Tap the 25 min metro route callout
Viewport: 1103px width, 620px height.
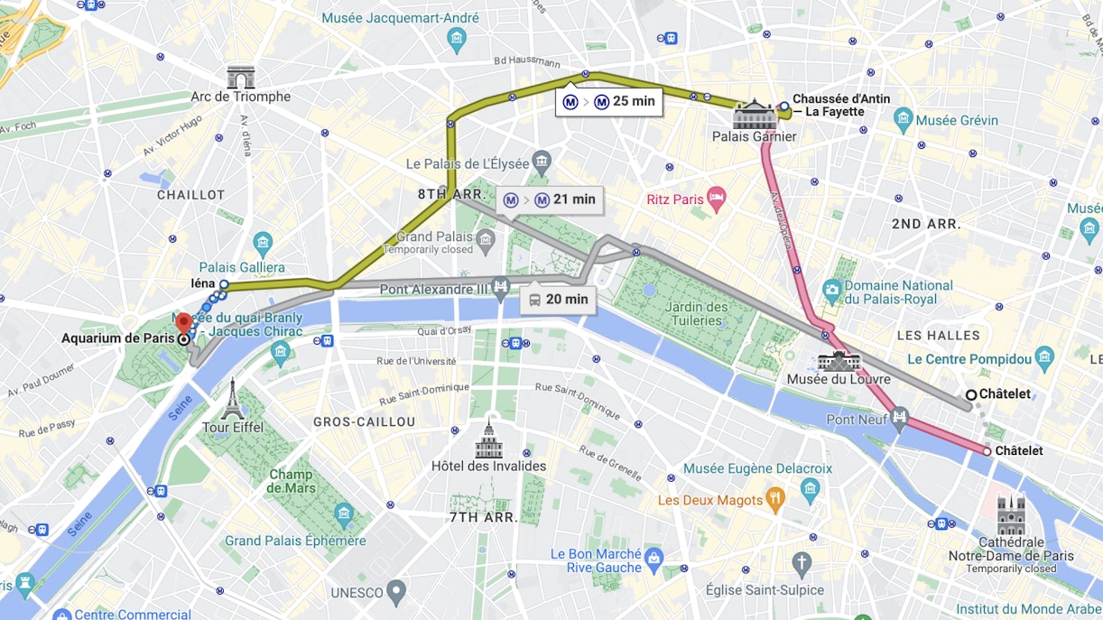(609, 102)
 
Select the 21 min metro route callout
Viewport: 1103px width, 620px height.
(550, 200)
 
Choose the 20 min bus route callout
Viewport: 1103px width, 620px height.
(557, 300)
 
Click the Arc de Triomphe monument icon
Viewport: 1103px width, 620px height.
(240, 78)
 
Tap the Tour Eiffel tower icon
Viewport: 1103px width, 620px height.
(233, 398)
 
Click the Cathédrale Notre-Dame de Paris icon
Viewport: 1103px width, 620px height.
(1011, 515)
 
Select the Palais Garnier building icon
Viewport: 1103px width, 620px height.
(754, 115)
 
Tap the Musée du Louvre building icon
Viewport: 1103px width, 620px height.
(839, 361)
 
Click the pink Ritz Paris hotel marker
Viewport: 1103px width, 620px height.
(716, 199)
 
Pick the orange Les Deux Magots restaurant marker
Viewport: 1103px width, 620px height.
(774, 499)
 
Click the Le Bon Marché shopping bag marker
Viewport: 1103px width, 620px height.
(654, 556)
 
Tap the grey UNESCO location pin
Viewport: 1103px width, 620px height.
(396, 592)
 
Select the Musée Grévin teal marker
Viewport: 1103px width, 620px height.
(904, 119)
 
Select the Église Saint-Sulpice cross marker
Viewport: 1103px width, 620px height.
(802, 566)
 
